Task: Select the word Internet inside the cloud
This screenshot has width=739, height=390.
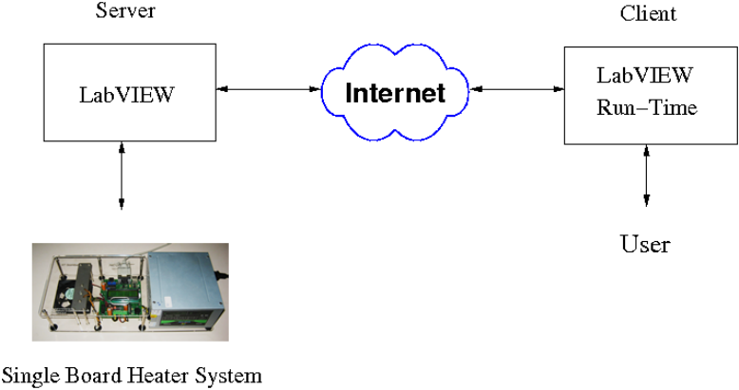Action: point(394,93)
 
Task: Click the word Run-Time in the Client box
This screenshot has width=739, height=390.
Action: point(647,108)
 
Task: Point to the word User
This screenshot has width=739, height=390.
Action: point(645,245)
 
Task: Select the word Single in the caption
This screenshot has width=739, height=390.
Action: point(28,376)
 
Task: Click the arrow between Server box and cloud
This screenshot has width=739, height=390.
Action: point(268,90)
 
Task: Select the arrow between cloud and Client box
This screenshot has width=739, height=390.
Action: point(518,90)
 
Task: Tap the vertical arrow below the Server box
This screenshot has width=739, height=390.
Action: point(121,176)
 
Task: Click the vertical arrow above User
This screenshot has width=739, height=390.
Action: point(647,176)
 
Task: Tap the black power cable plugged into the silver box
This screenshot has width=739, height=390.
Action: point(223,276)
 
